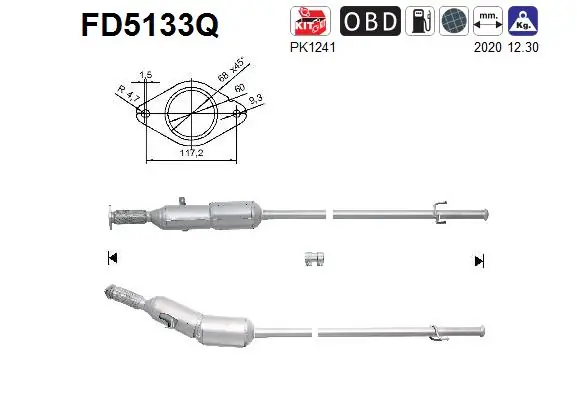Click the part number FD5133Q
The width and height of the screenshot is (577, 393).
(149, 24)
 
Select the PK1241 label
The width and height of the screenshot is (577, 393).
(310, 45)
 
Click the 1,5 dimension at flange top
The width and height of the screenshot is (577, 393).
(146, 75)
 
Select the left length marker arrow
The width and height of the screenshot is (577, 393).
(110, 259)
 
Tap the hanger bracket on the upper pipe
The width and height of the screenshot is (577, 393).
(438, 210)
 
